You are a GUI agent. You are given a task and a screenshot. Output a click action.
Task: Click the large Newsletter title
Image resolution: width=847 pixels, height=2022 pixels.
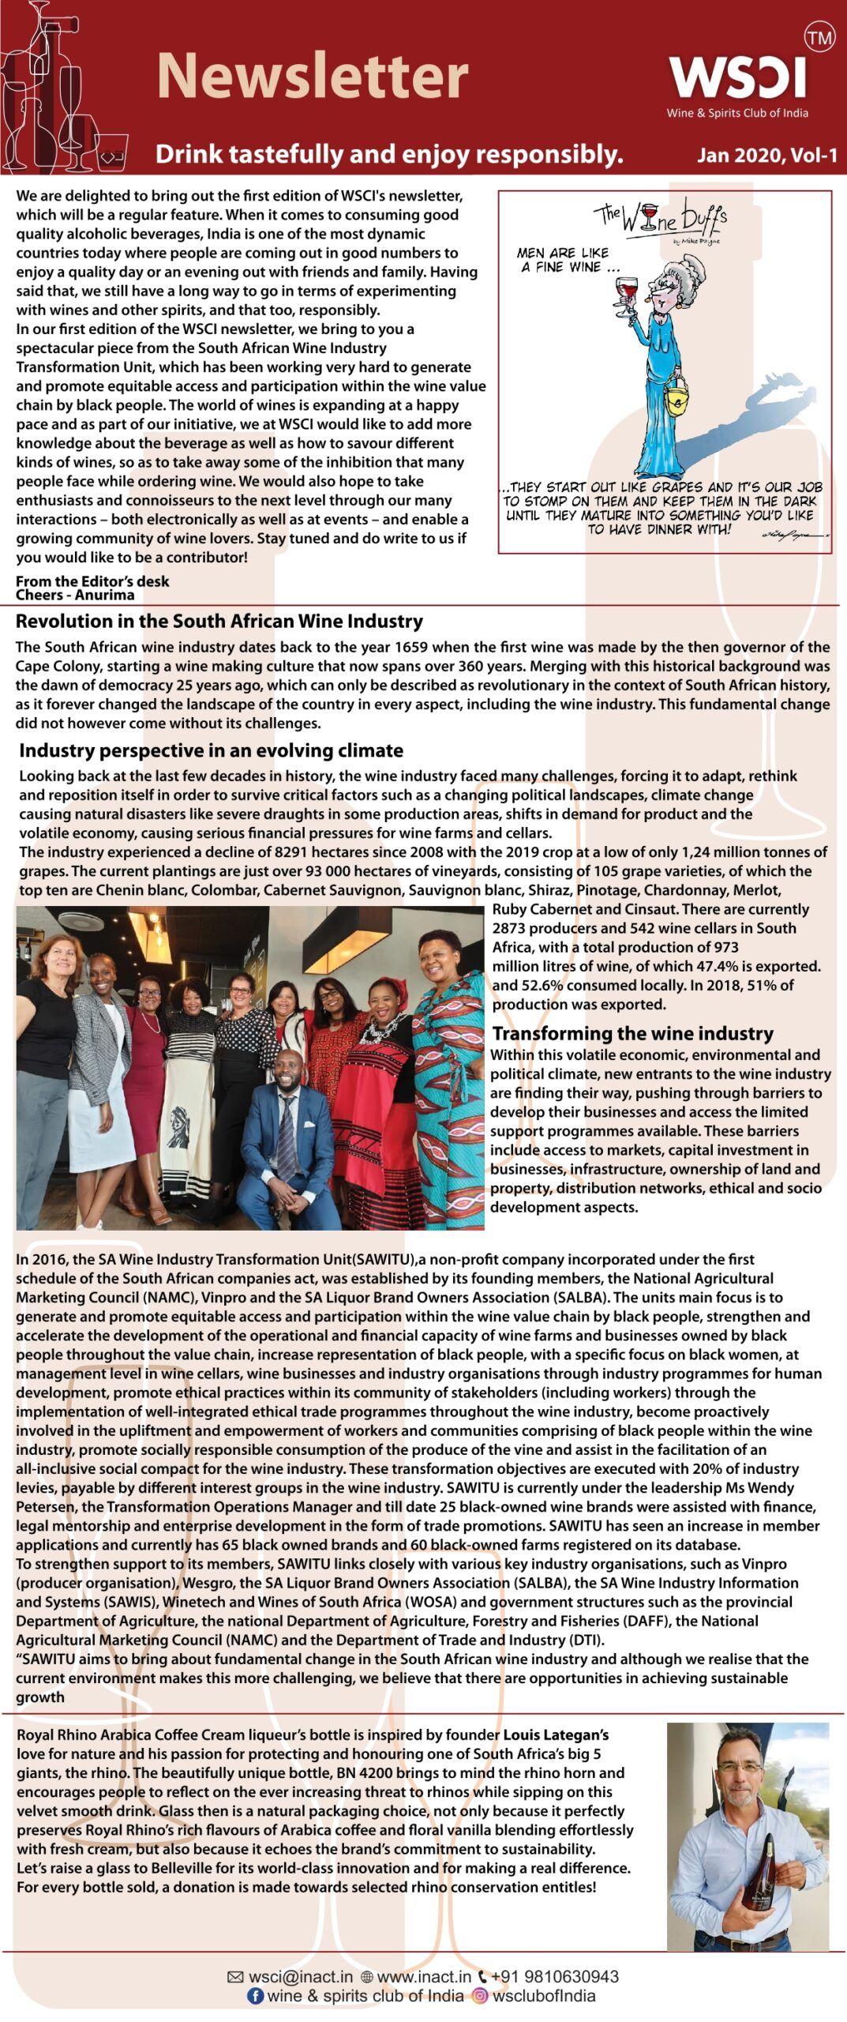(313, 77)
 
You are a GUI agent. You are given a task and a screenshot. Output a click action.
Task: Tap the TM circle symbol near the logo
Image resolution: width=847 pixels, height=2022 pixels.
(819, 37)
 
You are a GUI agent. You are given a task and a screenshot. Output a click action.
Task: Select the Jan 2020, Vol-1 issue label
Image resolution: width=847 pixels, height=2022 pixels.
(766, 156)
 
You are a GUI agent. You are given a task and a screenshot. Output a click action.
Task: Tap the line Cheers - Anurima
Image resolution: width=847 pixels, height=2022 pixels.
(75, 595)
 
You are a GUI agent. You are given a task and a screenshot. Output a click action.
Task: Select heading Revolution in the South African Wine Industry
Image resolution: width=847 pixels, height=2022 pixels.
(219, 621)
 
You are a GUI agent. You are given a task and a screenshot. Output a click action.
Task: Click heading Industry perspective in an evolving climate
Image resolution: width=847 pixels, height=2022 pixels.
(211, 750)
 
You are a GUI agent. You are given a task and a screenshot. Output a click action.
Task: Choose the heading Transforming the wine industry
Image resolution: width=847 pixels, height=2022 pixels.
(632, 1033)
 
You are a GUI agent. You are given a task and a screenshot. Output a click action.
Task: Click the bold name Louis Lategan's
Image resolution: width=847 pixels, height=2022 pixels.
(556, 1734)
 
